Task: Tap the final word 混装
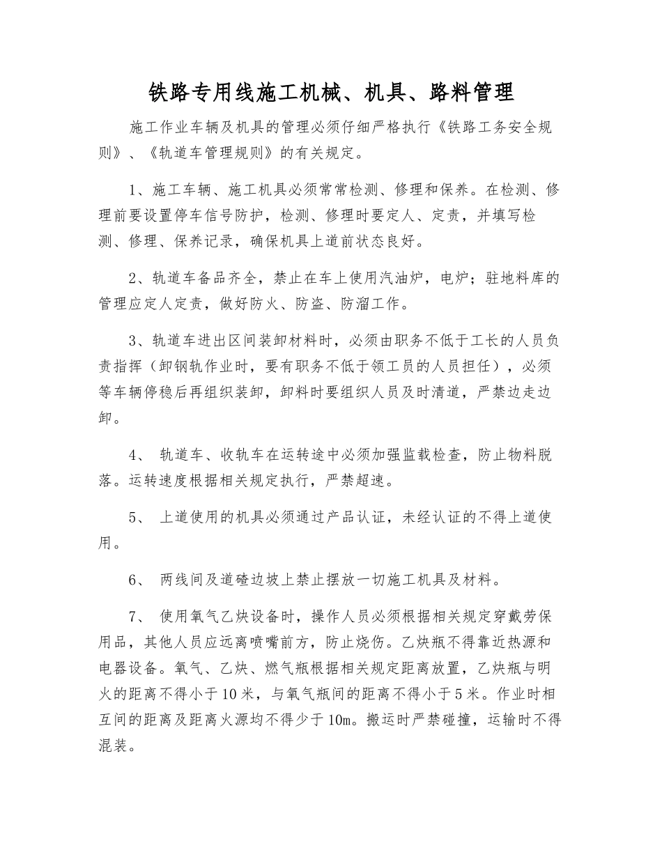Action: point(114,744)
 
